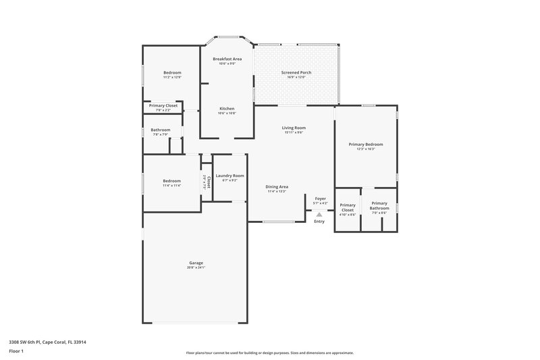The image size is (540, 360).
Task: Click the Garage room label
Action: [x=196, y=263]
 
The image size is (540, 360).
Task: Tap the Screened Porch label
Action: [x=296, y=72]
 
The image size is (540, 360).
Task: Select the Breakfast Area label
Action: [x=227, y=59]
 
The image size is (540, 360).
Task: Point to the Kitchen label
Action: [x=227, y=108]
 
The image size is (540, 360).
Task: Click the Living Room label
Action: [x=294, y=128]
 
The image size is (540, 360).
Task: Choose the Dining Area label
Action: [x=277, y=186]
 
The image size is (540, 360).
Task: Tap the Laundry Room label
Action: [x=230, y=176]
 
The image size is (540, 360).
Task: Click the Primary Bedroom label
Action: [x=366, y=144]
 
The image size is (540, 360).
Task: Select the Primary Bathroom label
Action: [x=379, y=205]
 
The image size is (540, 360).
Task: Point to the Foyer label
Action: [x=320, y=199]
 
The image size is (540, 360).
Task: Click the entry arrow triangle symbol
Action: [x=319, y=215]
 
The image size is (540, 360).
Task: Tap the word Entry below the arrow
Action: [x=319, y=222]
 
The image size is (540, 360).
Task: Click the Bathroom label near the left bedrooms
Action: [x=160, y=130]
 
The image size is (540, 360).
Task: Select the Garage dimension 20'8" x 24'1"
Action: [x=196, y=267]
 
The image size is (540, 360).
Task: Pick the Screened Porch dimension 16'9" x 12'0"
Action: [x=296, y=77]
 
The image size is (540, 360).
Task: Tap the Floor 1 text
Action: [x=16, y=351]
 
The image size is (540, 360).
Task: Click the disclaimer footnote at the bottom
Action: [x=269, y=353]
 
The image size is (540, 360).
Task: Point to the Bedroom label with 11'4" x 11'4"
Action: [x=171, y=180]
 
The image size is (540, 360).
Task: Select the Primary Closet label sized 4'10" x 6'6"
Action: [x=348, y=207]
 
